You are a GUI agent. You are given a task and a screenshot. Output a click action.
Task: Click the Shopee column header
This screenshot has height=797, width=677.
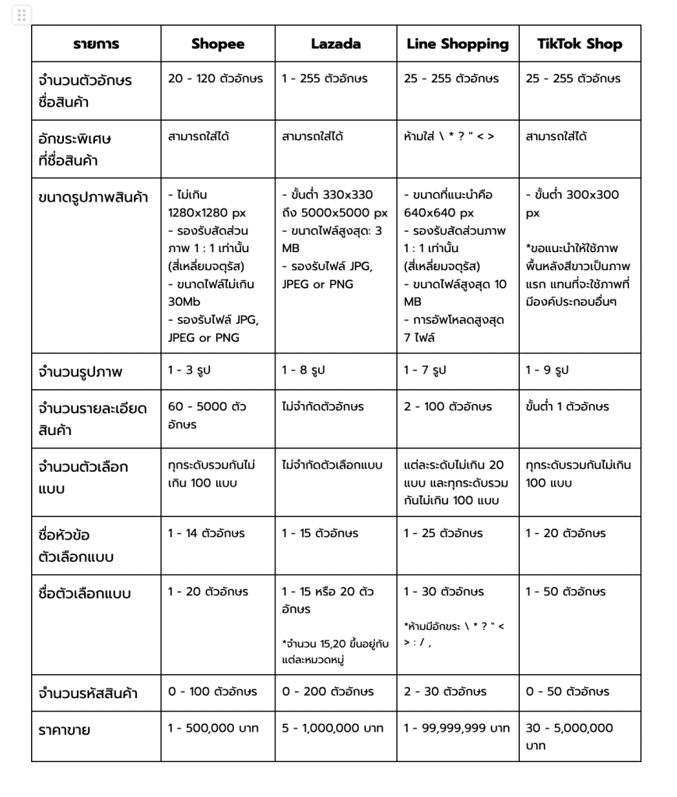(217, 44)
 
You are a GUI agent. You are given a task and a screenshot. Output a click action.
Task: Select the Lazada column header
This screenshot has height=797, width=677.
(335, 44)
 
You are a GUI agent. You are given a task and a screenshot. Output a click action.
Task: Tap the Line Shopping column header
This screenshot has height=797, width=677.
(458, 44)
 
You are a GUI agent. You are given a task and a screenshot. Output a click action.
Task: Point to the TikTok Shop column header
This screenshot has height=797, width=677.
(580, 44)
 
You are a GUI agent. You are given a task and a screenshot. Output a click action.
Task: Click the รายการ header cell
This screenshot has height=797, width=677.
(96, 44)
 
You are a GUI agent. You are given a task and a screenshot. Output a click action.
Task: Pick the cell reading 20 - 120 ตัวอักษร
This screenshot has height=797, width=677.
(216, 79)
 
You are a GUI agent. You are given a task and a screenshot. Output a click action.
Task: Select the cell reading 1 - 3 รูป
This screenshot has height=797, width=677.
(189, 370)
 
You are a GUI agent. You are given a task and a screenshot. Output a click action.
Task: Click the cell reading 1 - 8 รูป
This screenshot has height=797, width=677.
(303, 370)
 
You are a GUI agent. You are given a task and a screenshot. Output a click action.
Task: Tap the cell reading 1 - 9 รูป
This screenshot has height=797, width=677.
(547, 370)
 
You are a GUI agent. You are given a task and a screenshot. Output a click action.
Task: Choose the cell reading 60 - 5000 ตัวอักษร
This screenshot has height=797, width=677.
(206, 415)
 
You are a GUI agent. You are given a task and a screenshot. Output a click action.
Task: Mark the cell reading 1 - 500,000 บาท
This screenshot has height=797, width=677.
(213, 729)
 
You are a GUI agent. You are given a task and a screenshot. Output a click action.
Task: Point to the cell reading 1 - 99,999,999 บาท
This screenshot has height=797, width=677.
(456, 729)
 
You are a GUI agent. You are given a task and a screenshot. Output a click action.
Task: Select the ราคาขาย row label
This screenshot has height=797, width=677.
(65, 730)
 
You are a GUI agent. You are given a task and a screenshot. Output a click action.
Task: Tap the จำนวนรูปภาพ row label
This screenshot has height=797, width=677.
(80, 372)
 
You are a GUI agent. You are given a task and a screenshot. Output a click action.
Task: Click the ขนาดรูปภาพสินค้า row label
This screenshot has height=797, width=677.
(93, 197)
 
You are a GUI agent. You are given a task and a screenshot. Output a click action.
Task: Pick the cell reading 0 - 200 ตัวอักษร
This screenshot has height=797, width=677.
(328, 691)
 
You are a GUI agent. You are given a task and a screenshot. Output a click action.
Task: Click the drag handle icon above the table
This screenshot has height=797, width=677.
(22, 15)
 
